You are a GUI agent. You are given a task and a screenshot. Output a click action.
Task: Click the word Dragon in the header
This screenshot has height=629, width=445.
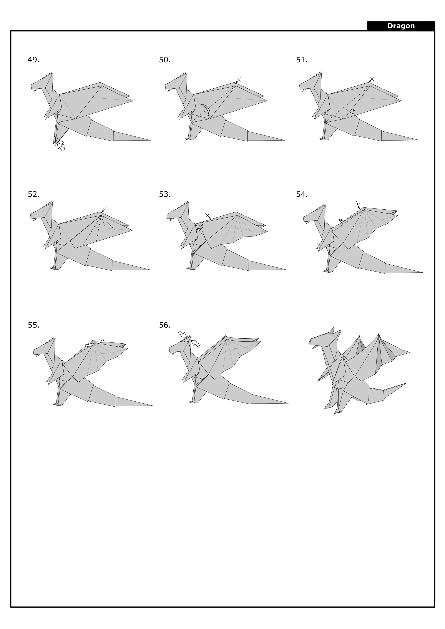[x=401, y=26]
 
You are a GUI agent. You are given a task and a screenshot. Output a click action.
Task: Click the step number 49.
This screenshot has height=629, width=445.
[x=34, y=60]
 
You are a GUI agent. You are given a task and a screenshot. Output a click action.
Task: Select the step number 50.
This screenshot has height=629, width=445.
[x=165, y=60]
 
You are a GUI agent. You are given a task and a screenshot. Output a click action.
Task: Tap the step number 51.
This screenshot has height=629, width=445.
[x=302, y=60]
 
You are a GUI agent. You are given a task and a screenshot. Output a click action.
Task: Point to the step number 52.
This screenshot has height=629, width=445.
[x=34, y=194]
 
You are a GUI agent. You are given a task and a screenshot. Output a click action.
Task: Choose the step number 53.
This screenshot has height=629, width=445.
[x=165, y=194]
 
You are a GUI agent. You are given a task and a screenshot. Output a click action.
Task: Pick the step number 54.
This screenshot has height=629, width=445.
[x=302, y=194]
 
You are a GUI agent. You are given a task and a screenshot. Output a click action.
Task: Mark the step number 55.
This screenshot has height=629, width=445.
[x=34, y=325]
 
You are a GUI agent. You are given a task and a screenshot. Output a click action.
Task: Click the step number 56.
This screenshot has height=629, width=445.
[x=165, y=325]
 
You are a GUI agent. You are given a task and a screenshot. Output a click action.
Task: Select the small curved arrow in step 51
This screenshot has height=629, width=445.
[x=350, y=111]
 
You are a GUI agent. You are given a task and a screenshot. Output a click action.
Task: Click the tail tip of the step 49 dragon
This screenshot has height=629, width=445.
[x=150, y=140]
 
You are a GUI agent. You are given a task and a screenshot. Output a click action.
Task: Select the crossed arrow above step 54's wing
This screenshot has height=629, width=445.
[x=358, y=205]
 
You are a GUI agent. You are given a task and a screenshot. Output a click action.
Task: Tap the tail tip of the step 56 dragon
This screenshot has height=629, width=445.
[x=288, y=403]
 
